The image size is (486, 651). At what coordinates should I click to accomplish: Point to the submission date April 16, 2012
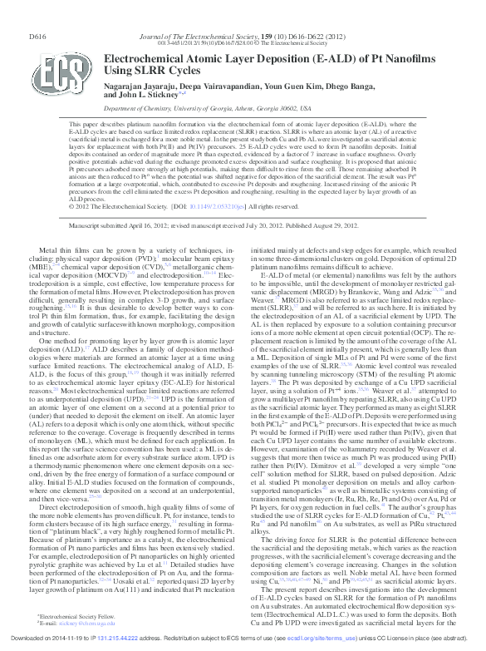(x=164, y=225)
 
